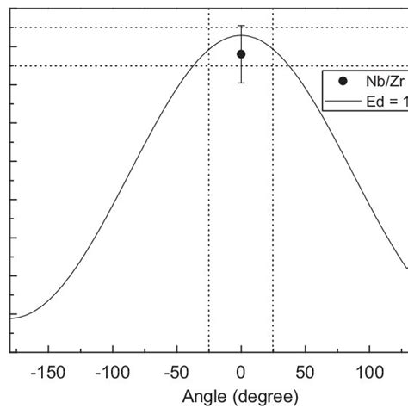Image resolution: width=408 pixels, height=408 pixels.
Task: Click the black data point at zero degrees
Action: pyautogui.click(x=241, y=54)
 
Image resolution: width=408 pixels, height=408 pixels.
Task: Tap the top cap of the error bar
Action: pyautogui.click(x=241, y=27)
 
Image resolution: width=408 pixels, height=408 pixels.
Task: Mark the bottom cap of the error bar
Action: pyautogui.click(x=241, y=83)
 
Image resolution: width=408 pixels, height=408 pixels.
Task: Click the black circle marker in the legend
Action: pyautogui.click(x=343, y=81)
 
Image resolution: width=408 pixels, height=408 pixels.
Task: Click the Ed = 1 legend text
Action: pyautogui.click(x=387, y=100)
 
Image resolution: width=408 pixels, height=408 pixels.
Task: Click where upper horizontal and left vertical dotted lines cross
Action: pyautogui.click(x=209, y=28)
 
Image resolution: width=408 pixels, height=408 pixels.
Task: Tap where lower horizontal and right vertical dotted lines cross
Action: pyautogui.click(x=273, y=65)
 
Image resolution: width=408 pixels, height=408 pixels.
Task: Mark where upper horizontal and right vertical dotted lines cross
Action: pyautogui.click(x=273, y=28)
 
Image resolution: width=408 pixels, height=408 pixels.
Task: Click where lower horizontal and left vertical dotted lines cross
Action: pyautogui.click(x=209, y=65)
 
